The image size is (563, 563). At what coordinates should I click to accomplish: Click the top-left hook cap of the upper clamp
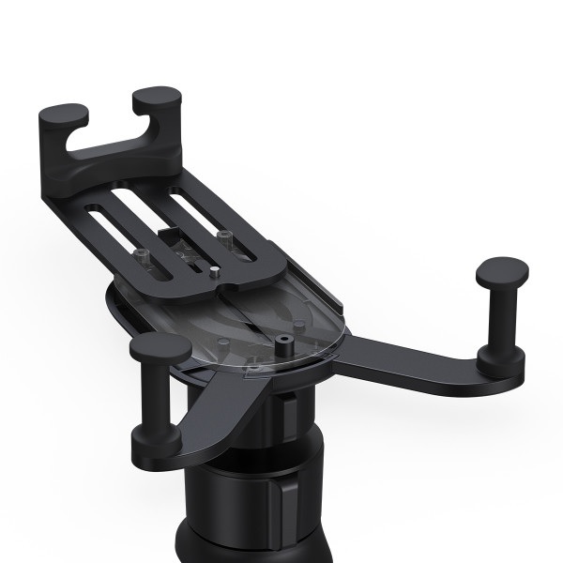64,116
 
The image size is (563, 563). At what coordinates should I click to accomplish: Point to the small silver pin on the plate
215,273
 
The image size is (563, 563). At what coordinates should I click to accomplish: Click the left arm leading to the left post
211,413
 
